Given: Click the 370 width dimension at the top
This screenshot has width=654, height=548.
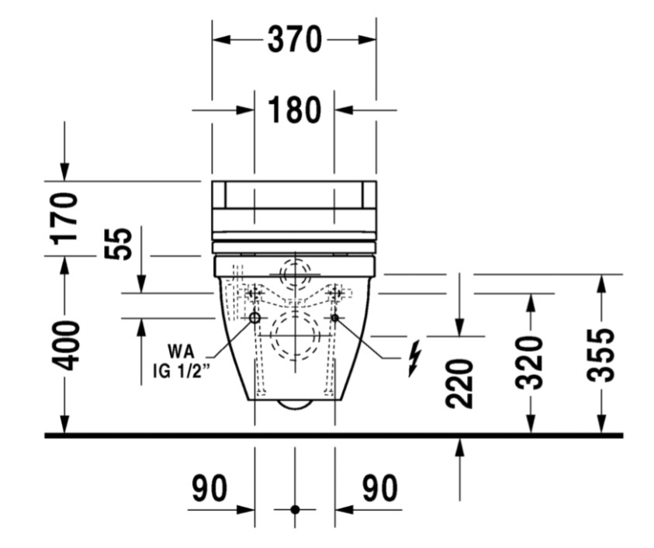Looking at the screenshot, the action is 295,40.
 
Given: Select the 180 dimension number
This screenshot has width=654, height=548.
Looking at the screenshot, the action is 295,109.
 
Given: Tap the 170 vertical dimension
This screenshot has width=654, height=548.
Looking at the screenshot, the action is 64,218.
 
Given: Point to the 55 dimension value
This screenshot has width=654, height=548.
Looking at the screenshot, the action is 118,244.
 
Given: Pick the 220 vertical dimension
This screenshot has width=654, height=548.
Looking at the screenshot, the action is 459,384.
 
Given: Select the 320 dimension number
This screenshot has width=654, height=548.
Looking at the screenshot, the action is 531,362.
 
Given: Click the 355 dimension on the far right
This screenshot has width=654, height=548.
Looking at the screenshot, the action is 600,355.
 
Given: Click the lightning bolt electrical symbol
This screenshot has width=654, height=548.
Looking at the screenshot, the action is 414,358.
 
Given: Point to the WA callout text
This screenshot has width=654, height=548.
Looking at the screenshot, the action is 181,351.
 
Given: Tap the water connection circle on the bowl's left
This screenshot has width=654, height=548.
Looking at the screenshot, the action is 254,318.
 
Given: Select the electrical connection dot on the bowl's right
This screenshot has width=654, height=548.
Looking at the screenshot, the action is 334,318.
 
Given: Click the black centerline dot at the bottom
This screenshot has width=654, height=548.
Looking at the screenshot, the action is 295,509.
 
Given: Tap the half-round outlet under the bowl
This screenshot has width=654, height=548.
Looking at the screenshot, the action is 295,403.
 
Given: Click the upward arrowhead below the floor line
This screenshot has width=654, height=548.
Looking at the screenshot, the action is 459,446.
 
